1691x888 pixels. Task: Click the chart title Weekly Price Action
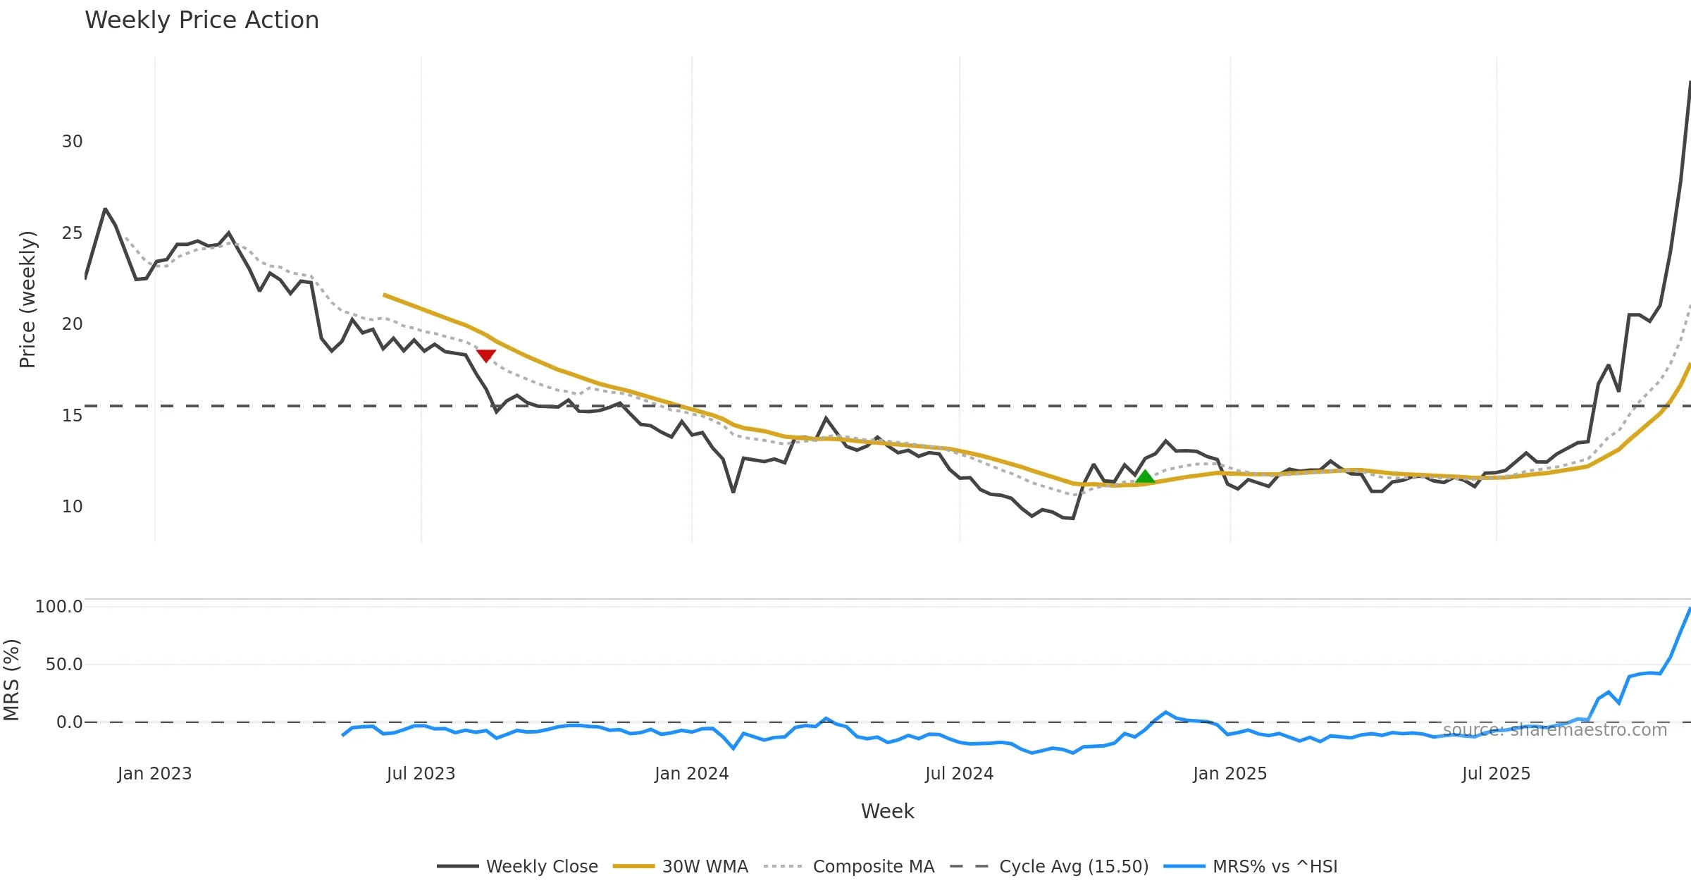click(202, 20)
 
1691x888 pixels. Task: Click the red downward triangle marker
click(486, 356)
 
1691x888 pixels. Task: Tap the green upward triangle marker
click(1146, 477)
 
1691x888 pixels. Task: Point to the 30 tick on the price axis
click(72, 142)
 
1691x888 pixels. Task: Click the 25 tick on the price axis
click(72, 233)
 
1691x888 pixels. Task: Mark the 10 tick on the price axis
click(72, 507)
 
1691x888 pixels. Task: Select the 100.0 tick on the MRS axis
click(59, 607)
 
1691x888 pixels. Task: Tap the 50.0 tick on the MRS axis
click(64, 665)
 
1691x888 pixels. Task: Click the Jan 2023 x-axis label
click(154, 774)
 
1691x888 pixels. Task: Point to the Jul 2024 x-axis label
click(959, 774)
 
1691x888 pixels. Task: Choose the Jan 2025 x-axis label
click(1229, 774)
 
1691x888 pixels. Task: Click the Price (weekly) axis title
click(27, 299)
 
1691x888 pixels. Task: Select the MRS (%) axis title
click(12, 679)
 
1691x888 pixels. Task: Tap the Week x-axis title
click(887, 811)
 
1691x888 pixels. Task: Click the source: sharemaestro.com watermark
click(1554, 730)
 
